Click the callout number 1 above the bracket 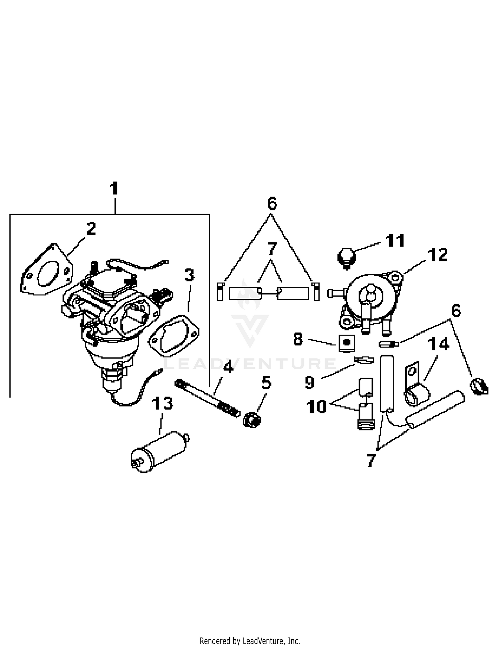click(x=114, y=189)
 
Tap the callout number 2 click(x=91, y=229)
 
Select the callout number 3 click(x=189, y=275)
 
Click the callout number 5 click(x=266, y=383)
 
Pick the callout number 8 click(x=298, y=340)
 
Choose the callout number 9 click(x=310, y=382)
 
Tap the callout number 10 click(x=316, y=407)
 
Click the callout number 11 click(x=395, y=241)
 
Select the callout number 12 click(x=438, y=255)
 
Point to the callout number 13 click(x=162, y=404)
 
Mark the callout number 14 click(x=438, y=344)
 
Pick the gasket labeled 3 click(x=174, y=336)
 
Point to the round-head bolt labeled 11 click(x=347, y=257)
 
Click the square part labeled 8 click(x=347, y=343)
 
